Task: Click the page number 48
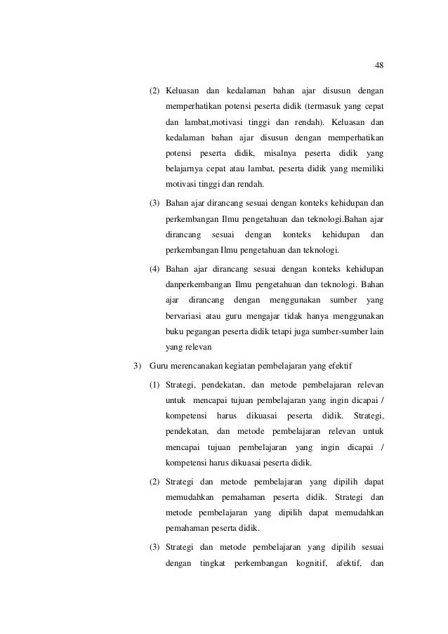point(379,65)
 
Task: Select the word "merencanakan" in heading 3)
point(211,366)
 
